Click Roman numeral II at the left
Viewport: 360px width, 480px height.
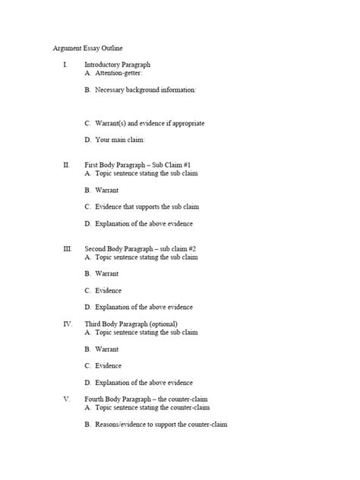tap(67, 164)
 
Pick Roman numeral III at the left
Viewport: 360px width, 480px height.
tap(67, 248)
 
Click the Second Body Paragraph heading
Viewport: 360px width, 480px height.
tap(141, 248)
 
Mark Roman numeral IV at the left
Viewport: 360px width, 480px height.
tap(67, 323)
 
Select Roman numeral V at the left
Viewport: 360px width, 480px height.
tap(67, 399)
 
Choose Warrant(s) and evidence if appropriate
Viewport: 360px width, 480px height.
tap(149, 123)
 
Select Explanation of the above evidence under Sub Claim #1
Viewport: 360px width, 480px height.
tap(144, 223)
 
